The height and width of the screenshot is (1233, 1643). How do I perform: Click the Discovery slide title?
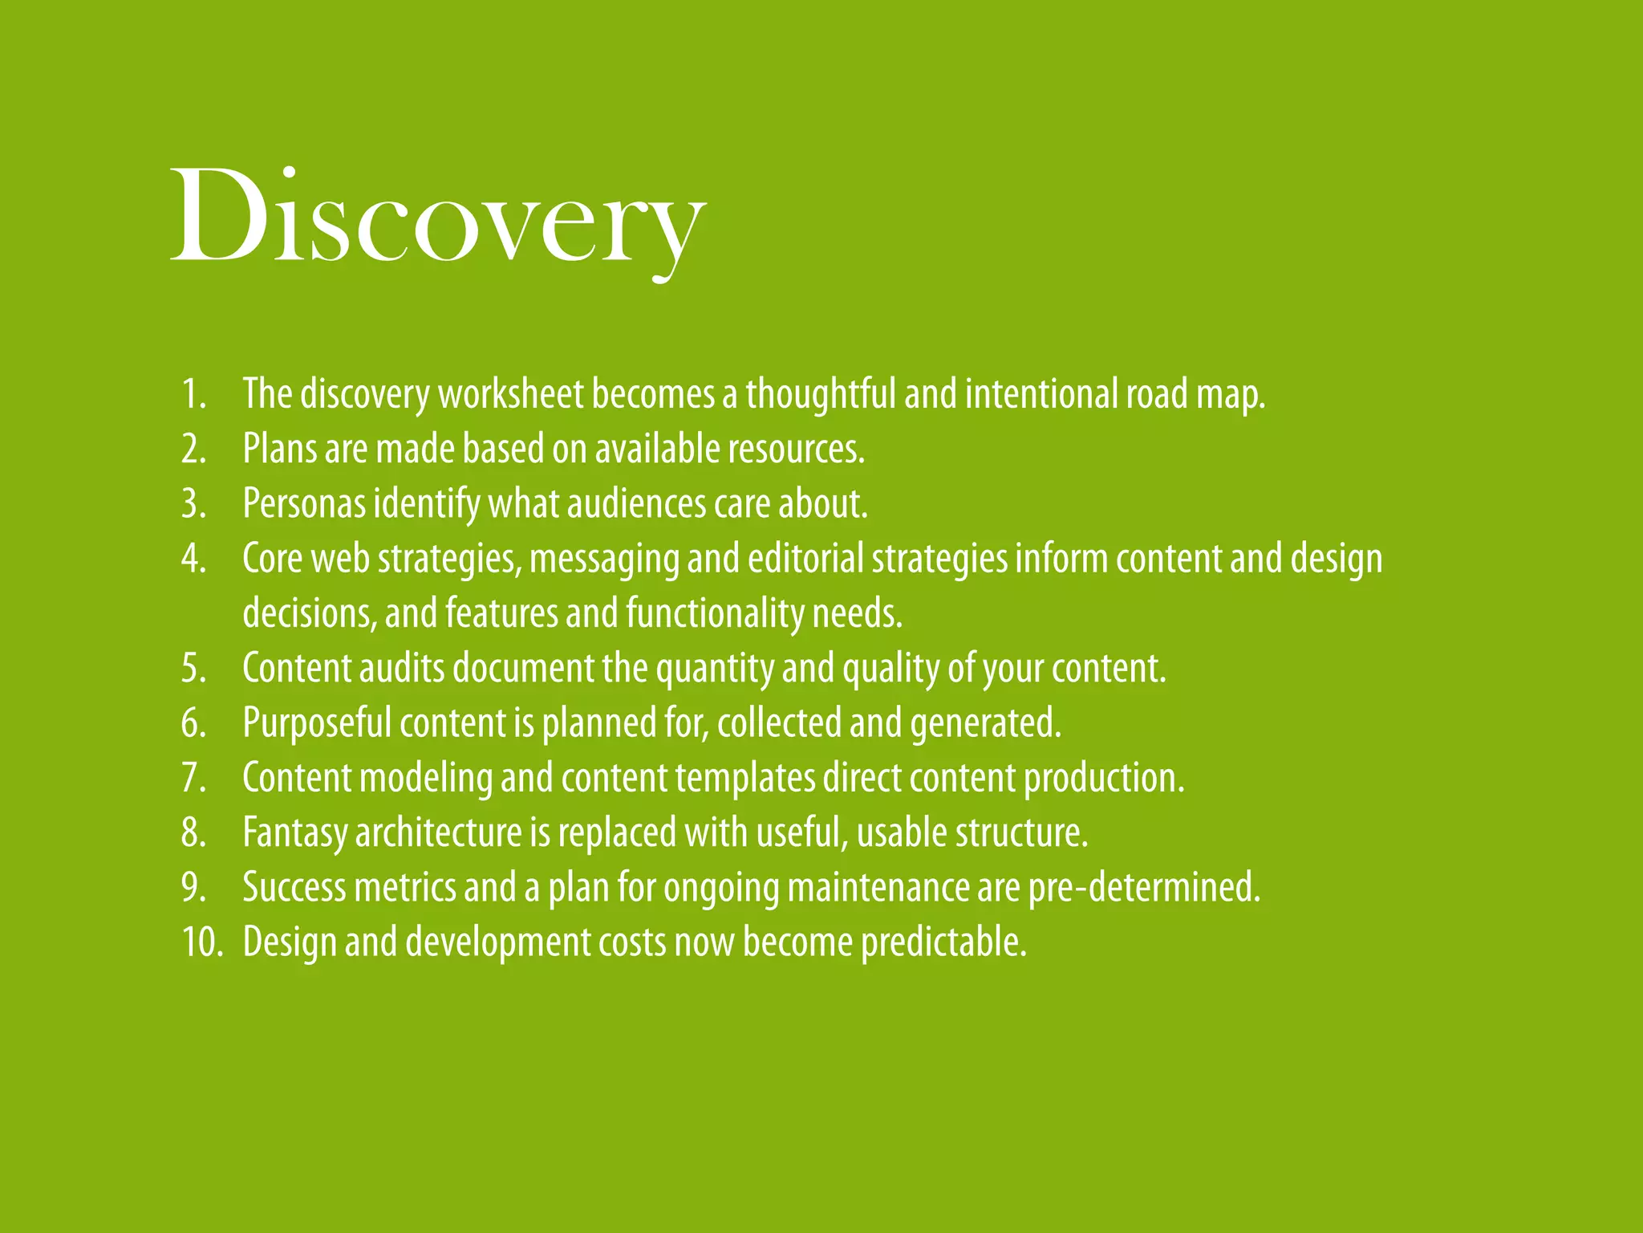(438, 217)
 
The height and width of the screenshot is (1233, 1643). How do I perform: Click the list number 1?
(193, 394)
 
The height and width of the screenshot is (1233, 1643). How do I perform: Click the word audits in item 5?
(401, 668)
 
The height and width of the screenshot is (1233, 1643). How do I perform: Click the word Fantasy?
(294, 832)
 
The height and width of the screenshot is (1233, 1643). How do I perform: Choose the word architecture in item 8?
(438, 832)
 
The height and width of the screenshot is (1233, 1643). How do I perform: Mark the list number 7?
(193, 778)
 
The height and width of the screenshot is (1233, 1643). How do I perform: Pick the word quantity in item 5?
(715, 669)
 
